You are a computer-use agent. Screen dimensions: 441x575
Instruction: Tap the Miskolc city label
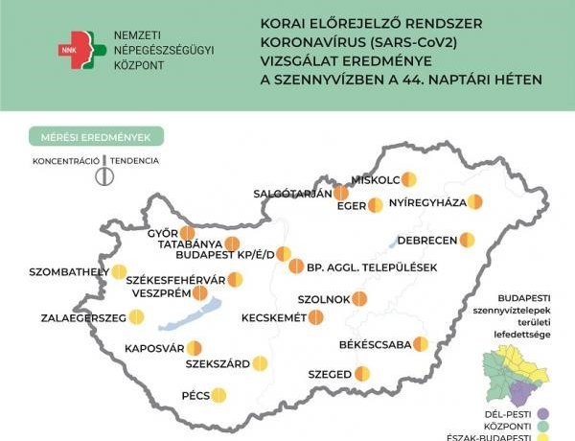tap(376, 179)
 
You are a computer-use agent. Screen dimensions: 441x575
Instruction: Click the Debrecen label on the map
tap(425, 240)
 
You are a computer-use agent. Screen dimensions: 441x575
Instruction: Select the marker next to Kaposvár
tap(195, 348)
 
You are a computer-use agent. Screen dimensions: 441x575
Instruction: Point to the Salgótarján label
tap(291, 193)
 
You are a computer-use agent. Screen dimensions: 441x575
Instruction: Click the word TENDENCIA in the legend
tap(134, 161)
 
